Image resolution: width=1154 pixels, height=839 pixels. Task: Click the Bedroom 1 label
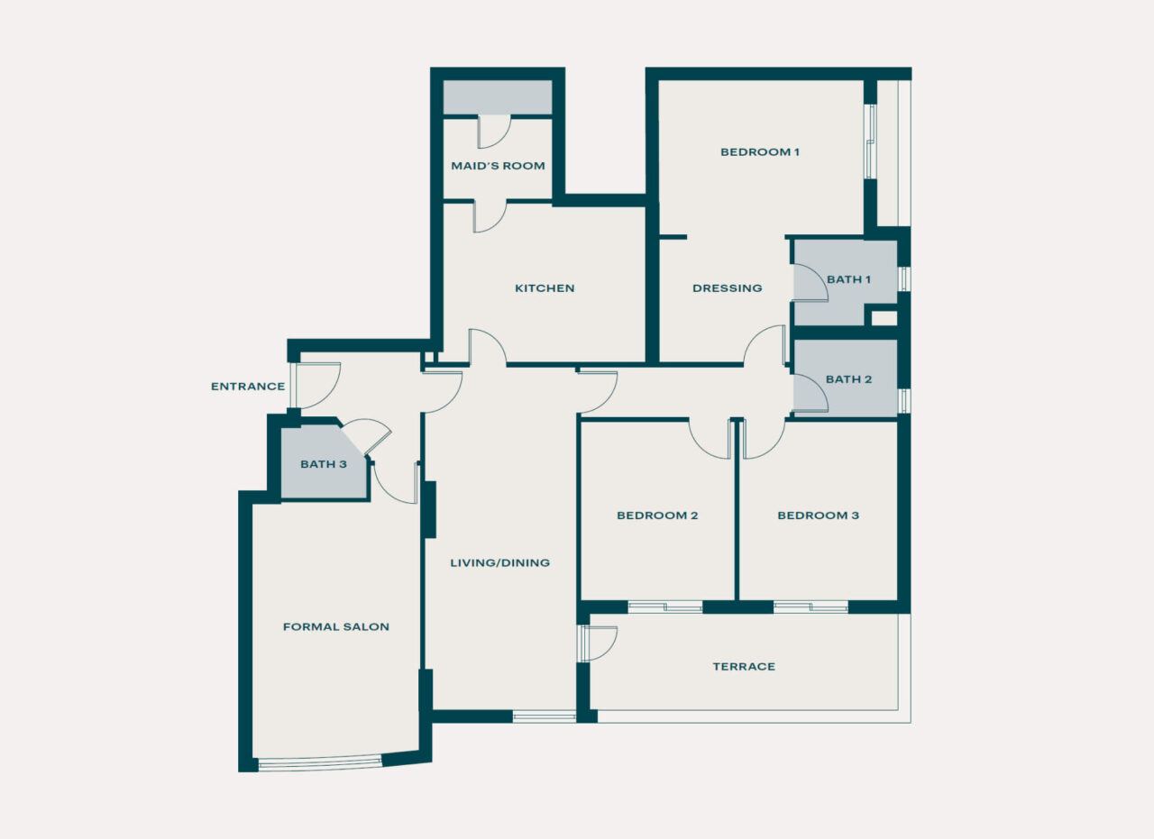(759, 152)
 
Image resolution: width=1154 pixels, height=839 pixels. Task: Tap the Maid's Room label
(498, 166)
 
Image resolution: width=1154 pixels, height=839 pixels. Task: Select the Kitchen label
(545, 288)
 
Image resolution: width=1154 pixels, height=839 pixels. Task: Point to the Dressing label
(727, 288)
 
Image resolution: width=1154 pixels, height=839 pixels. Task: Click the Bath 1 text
(848, 279)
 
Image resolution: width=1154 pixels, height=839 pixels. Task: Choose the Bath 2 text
(848, 379)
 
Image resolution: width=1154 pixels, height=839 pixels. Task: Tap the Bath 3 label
(324, 465)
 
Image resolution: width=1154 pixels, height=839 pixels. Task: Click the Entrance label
(248, 387)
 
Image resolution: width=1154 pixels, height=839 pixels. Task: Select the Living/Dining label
(499, 563)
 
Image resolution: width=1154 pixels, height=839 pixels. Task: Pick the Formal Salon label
(335, 626)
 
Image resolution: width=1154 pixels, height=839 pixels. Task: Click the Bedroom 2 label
(657, 515)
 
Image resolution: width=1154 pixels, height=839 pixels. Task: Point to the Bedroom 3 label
(818, 515)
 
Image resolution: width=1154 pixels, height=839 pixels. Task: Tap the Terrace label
(744, 667)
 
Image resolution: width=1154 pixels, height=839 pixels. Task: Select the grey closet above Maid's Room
(497, 97)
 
